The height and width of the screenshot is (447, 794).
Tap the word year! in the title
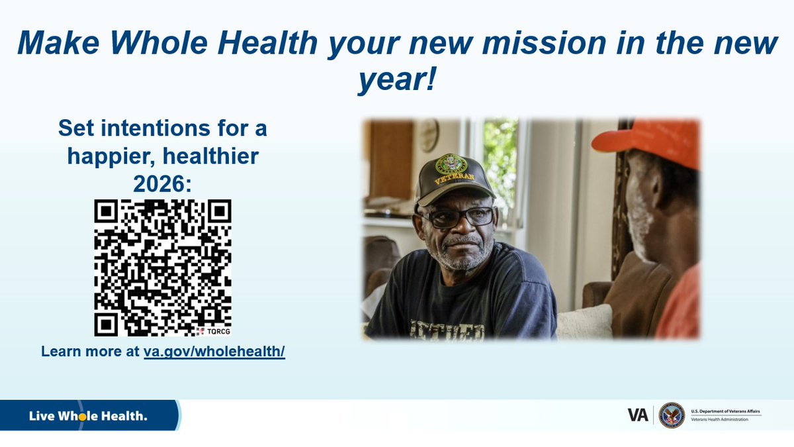click(397, 80)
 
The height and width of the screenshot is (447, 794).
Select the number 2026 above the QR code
click(162, 182)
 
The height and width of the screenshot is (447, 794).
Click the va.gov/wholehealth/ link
click(214, 351)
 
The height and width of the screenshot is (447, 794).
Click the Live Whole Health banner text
click(88, 417)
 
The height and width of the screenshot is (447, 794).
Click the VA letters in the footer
click(638, 415)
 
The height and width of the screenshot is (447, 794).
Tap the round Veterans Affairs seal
click(672, 415)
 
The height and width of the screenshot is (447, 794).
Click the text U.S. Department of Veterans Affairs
click(725, 411)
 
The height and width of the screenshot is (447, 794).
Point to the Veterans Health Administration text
click(721, 420)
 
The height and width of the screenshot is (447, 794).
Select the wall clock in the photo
click(427, 135)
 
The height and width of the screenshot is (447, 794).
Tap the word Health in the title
click(263, 44)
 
